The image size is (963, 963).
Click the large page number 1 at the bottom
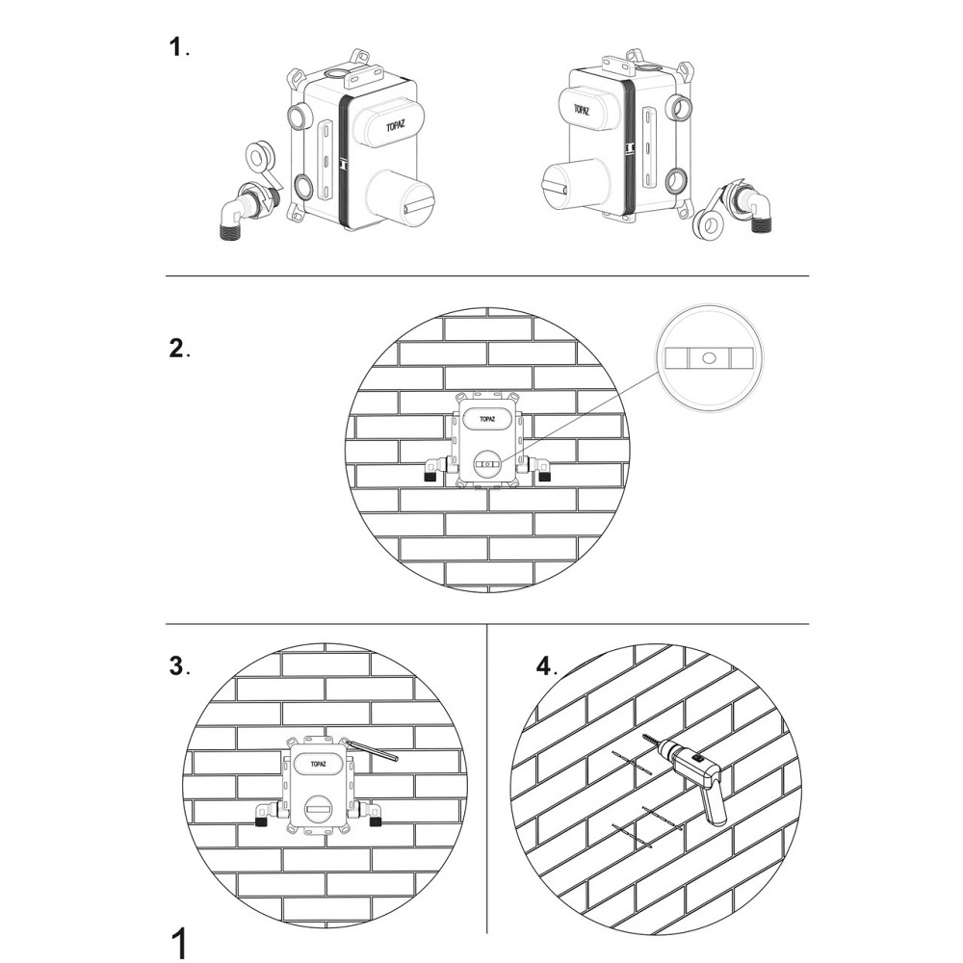point(177,944)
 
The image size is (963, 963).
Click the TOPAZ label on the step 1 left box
point(396,127)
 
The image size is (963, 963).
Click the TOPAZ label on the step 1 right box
point(582,110)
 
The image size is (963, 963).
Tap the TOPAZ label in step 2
point(487,420)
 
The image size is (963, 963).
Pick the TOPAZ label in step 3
point(318,764)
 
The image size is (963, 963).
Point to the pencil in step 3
point(372,750)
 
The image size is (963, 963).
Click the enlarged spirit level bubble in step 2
point(709,357)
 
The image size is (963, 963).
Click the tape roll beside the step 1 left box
point(257,157)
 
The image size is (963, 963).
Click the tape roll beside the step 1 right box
point(709,223)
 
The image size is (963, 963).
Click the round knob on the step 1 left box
point(400,196)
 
